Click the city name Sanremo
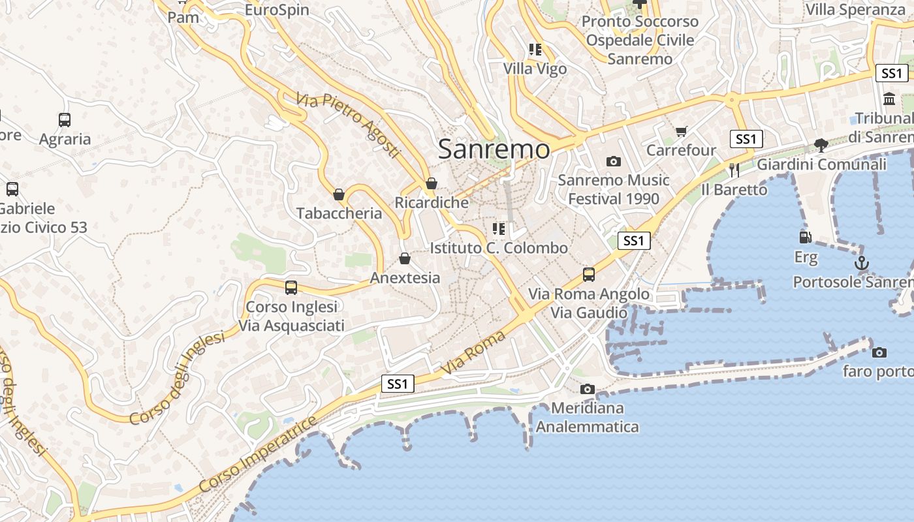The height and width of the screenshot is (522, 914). [x=494, y=149]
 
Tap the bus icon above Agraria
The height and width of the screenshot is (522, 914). [x=65, y=120]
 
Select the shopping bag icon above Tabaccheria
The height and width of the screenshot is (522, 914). [x=339, y=194]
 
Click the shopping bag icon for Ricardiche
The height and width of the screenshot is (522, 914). [x=431, y=184]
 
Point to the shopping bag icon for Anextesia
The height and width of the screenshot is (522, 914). [x=405, y=259]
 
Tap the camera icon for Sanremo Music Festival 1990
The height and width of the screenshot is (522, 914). [x=613, y=161]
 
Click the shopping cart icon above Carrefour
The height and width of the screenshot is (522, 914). [x=681, y=132]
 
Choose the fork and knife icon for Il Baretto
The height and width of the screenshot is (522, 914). [x=734, y=170]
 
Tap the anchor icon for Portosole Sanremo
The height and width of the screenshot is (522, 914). [x=862, y=263]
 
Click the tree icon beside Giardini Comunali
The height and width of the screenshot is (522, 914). [x=821, y=146]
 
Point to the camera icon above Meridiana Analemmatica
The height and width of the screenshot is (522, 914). [x=587, y=390]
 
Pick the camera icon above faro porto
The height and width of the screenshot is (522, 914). [x=879, y=352]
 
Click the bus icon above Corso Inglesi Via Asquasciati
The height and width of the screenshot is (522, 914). [x=291, y=288]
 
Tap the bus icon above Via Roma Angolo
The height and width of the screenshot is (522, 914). [x=589, y=275]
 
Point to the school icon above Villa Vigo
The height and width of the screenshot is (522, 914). [x=535, y=50]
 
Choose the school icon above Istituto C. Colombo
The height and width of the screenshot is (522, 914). [x=499, y=229]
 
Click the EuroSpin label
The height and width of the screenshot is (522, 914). [x=277, y=10]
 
